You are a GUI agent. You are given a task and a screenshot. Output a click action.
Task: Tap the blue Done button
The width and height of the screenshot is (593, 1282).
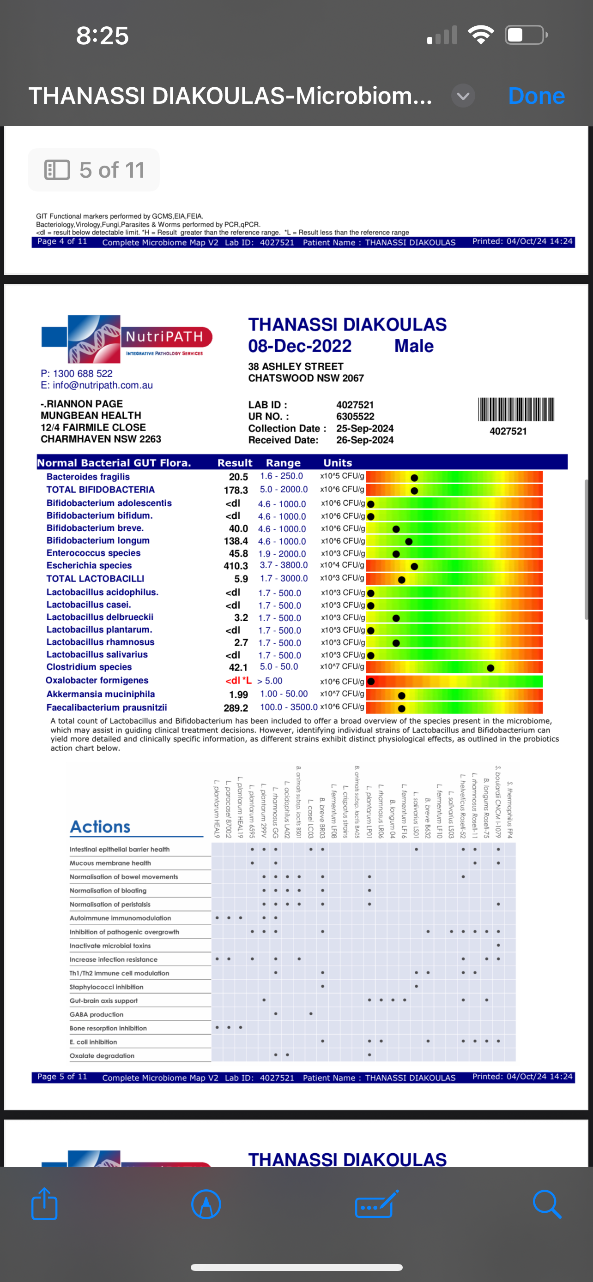point(536,96)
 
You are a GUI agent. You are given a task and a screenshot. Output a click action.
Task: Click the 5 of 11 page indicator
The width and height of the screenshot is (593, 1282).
point(94,170)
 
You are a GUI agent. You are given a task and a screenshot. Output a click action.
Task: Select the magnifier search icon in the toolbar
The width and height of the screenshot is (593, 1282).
point(546,1204)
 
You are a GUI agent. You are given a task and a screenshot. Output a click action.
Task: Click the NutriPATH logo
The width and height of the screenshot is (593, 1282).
point(127,339)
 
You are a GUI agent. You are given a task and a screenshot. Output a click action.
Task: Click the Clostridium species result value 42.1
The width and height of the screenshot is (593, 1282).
point(238,667)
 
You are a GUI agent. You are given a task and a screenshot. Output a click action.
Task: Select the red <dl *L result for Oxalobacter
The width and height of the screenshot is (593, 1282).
point(238,680)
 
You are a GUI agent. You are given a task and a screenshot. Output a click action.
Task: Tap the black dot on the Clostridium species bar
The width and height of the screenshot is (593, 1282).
point(490,668)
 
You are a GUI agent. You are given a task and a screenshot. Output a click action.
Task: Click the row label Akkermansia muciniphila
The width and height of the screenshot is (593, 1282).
point(101,694)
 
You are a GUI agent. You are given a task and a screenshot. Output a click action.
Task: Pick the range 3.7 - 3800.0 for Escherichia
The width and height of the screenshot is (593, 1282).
point(283,565)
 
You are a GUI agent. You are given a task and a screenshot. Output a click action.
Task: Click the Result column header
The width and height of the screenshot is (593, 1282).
point(235,463)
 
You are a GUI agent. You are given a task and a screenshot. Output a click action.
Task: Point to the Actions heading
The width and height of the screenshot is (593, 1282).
point(100,827)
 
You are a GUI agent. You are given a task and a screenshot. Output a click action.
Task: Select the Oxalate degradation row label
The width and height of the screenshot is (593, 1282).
point(102,1055)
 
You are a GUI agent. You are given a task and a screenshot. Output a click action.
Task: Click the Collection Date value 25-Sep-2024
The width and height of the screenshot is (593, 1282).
point(364,429)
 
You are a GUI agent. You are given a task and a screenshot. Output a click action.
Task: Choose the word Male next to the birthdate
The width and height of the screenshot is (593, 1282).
point(414,346)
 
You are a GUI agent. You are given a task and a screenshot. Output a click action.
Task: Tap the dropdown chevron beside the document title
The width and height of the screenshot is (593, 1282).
point(463,96)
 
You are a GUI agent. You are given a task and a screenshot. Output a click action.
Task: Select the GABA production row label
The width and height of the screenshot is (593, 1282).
point(97,1014)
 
